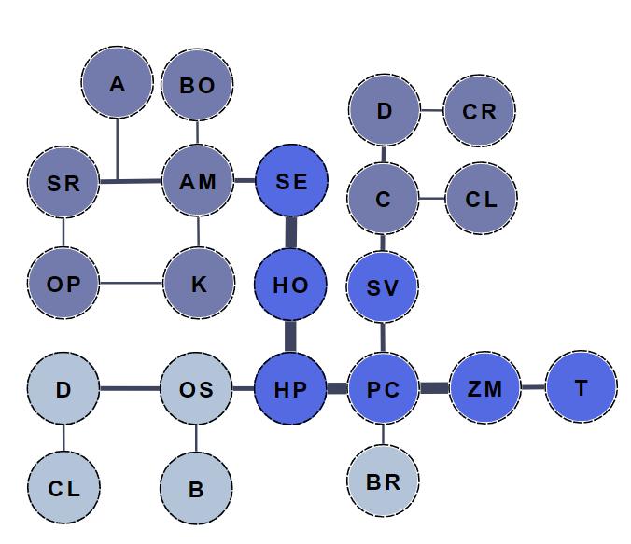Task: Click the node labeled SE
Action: coord(291,181)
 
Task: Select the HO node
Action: coord(291,285)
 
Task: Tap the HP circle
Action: coord(291,388)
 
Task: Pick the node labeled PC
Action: coord(384,388)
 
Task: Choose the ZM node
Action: coord(484,388)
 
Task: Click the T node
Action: coord(581,386)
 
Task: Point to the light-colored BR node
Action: coord(384,481)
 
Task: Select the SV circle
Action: coord(384,286)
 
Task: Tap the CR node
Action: coord(480,111)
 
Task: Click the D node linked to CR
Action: coord(384,111)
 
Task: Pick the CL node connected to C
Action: coord(481,199)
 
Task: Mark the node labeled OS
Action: coord(196,388)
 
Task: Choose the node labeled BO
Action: coord(197,86)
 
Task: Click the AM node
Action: coord(197,181)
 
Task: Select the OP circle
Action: coord(63,284)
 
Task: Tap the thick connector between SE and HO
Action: coord(291,232)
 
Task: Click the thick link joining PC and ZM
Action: coord(434,388)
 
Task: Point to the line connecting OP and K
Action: coord(131,284)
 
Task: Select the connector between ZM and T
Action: coord(533,387)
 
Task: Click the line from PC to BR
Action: coord(384,435)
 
